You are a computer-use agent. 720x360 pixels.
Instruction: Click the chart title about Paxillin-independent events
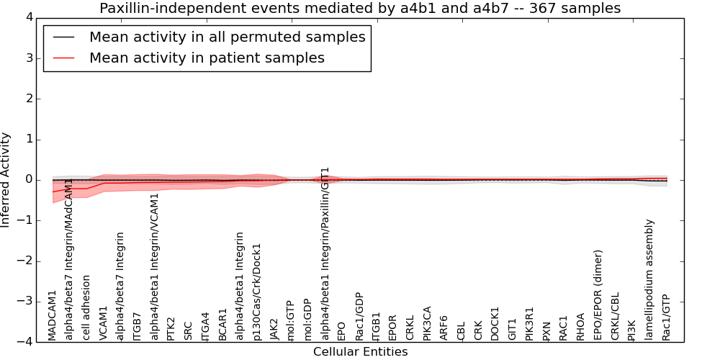coord(359,9)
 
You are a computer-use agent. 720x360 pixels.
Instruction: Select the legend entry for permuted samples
coord(227,37)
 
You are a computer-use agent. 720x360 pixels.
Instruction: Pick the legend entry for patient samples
coord(207,58)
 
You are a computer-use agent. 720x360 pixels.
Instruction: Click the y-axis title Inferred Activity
coord(6,179)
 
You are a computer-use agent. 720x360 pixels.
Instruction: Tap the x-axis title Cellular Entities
coord(360,352)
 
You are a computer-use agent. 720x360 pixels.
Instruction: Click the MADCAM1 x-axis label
coord(53,315)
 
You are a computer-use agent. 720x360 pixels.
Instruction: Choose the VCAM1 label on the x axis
coord(104,323)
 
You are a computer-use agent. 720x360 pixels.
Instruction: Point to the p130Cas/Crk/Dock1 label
coord(258,292)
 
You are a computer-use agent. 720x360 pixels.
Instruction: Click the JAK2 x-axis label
coord(274,328)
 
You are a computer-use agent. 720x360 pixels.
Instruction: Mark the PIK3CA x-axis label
coord(428,323)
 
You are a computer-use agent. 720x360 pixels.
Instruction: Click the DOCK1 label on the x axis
coord(495,323)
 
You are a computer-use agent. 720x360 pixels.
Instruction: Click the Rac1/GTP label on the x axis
coord(666,317)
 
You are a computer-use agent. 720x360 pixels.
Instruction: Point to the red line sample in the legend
coord(63,58)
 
